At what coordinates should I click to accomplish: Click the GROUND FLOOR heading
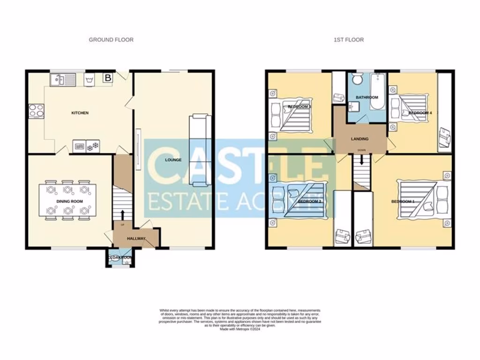(x=111, y=40)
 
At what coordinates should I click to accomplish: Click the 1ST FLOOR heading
(x=348, y=40)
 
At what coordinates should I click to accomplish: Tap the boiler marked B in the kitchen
(x=108, y=78)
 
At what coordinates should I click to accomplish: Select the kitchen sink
(x=63, y=80)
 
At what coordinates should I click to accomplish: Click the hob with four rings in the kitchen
(x=36, y=111)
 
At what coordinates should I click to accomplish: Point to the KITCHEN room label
(x=80, y=113)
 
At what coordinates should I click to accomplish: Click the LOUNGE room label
(x=173, y=160)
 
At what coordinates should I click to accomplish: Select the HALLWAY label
(x=136, y=239)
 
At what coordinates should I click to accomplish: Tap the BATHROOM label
(x=367, y=97)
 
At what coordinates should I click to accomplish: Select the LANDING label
(x=360, y=139)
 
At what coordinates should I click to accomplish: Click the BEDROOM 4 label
(x=420, y=113)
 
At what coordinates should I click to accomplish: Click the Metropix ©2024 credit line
(x=240, y=329)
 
